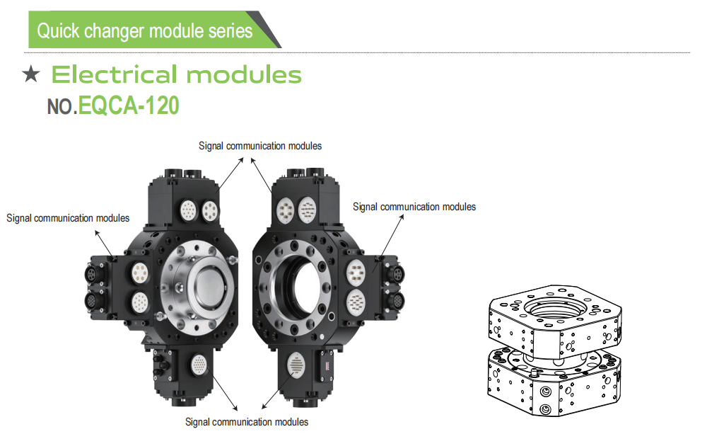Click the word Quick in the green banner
point(57,31)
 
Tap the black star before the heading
point(32,74)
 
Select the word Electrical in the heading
point(115,74)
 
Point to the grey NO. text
point(62,107)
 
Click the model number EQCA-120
point(129,105)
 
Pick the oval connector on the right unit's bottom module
point(298,367)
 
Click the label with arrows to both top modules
point(260,146)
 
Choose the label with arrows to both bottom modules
point(247,422)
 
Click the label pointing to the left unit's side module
point(68,217)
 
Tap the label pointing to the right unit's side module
point(414,207)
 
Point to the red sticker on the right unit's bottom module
point(327,365)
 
